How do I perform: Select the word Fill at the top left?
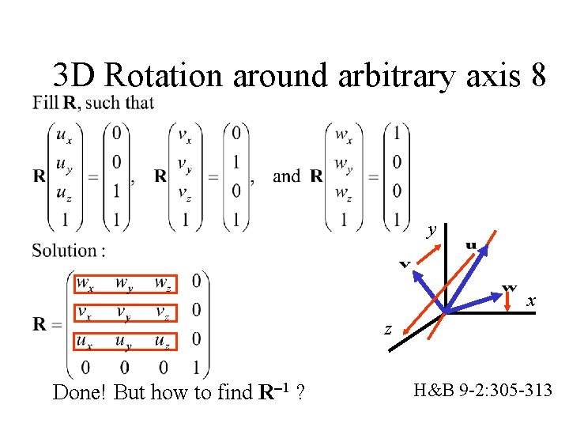pyautogui.click(x=45, y=103)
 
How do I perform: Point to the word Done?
pyautogui.click(x=81, y=392)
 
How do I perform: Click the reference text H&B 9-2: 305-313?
pyautogui.click(x=483, y=389)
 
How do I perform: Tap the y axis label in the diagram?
pyautogui.click(x=431, y=230)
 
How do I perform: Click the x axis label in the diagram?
pyautogui.click(x=532, y=300)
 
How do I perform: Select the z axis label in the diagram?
pyautogui.click(x=388, y=328)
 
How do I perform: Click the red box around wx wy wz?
pyautogui.click(x=126, y=283)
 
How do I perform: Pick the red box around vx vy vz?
pyautogui.click(x=126, y=312)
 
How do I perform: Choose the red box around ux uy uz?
pyautogui.click(x=126, y=342)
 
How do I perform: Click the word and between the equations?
pyautogui.click(x=285, y=176)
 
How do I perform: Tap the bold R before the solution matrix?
pyautogui.click(x=41, y=324)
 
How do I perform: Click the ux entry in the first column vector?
pyautogui.click(x=66, y=135)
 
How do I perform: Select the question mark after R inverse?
pyautogui.click(x=301, y=392)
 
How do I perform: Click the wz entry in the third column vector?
pyautogui.click(x=344, y=191)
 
